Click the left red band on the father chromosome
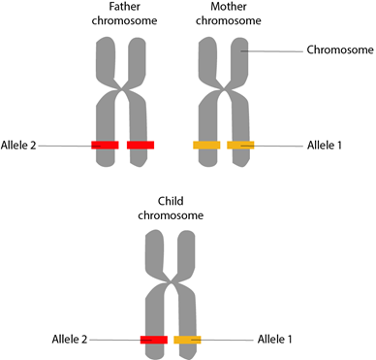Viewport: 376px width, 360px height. coord(105,146)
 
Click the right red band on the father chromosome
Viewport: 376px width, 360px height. coord(141,146)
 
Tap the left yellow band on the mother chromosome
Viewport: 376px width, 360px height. coord(206,146)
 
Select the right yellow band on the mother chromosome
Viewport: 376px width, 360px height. coord(240,146)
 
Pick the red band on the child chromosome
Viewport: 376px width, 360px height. coord(154,340)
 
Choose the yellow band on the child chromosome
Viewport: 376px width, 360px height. coord(187,340)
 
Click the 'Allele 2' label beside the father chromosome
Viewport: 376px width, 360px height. coord(18,146)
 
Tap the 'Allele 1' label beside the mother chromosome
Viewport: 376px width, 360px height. coord(325,146)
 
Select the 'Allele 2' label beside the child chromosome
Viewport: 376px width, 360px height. coord(70,340)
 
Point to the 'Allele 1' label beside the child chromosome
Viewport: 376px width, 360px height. coord(275,340)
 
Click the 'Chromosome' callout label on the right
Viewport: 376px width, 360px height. coord(340,49)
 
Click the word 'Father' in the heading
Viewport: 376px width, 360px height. coord(124,7)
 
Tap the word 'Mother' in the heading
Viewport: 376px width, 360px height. coord(229,7)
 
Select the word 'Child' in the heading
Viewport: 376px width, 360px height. coord(171,201)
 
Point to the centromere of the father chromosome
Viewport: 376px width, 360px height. coord(122,89)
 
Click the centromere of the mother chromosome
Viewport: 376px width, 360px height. coord(224,89)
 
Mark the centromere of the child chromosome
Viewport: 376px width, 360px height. coord(171,283)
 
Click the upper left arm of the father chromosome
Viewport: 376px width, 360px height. coord(106,60)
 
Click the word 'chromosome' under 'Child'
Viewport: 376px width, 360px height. coord(171,215)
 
